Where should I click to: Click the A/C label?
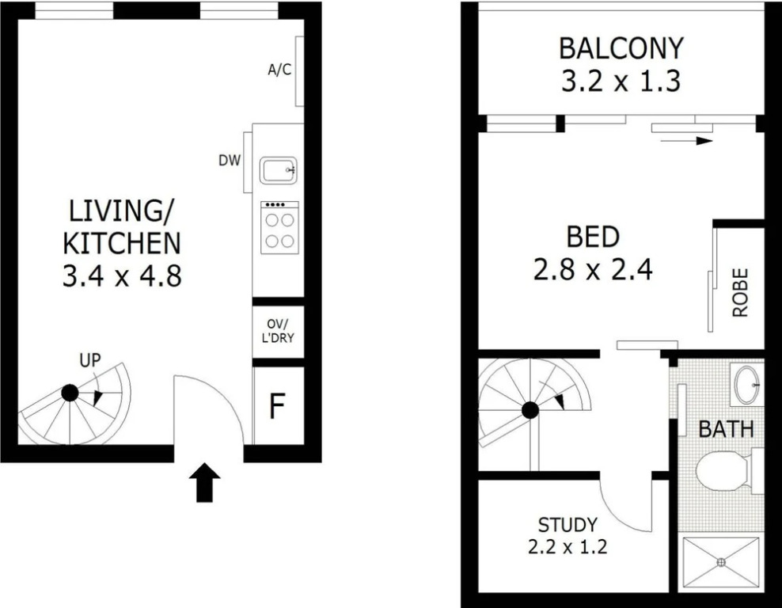(279, 70)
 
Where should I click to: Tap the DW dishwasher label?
(230, 161)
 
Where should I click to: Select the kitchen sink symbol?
(279, 170)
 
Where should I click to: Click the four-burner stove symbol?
(279, 227)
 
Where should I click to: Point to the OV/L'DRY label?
(278, 331)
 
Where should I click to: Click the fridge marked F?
(277, 405)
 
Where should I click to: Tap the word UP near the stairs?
(89, 360)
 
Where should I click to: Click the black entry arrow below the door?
(204, 482)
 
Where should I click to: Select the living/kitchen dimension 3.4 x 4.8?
(122, 275)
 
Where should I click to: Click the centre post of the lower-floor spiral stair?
(70, 393)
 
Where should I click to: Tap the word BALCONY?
(621, 48)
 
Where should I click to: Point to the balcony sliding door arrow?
(686, 141)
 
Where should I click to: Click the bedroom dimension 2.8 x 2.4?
(593, 270)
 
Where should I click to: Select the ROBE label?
(741, 293)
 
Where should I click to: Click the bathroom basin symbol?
(746, 385)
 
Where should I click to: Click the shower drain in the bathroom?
(720, 562)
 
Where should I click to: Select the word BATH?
(726, 429)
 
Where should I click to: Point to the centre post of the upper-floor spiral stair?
(530, 411)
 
